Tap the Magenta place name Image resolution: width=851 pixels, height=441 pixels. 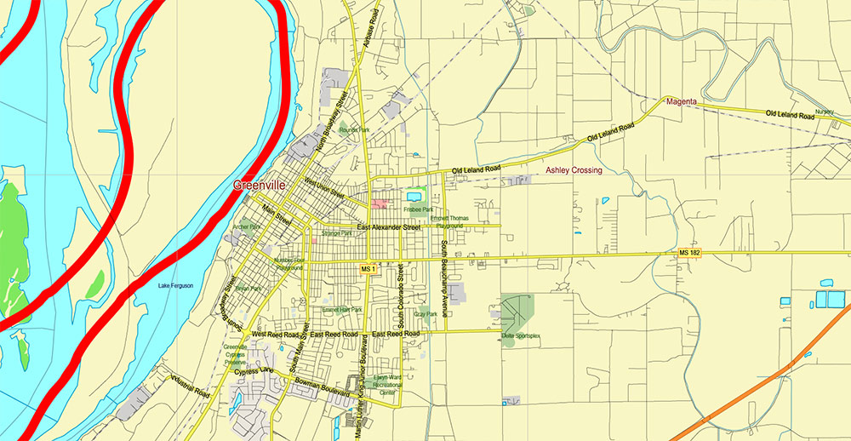[x=682, y=102]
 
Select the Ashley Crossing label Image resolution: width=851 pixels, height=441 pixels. [x=574, y=170]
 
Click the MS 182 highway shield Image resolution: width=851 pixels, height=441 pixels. [x=689, y=254]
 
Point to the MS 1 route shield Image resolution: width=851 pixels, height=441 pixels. [x=368, y=269]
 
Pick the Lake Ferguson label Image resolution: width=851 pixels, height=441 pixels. [x=175, y=285]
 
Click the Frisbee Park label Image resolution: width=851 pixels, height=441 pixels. [x=419, y=209]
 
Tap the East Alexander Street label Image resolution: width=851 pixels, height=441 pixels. [x=389, y=228]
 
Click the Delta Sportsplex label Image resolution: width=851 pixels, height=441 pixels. [x=521, y=336]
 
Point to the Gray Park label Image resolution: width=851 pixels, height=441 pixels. [x=425, y=314]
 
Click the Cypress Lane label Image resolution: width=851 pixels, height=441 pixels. [x=254, y=371]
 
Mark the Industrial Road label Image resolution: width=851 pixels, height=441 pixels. [x=189, y=387]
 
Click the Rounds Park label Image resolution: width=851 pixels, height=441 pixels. [x=354, y=130]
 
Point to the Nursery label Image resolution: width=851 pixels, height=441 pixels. [x=824, y=112]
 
